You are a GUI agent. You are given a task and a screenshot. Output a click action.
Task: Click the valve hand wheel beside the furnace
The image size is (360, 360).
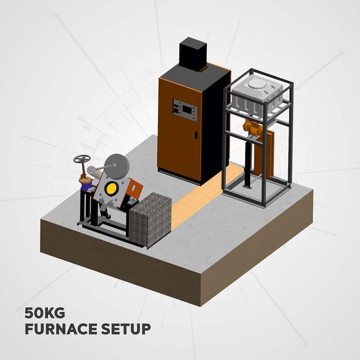(x=82, y=159)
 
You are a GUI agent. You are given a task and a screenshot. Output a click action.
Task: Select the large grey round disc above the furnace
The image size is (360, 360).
(x=118, y=165)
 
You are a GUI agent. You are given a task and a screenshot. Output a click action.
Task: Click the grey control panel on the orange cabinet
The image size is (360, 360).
(x=185, y=110)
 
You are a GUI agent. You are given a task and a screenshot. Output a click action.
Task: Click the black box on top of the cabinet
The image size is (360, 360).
(x=193, y=54)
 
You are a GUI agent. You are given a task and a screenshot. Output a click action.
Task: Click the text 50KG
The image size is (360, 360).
(x=44, y=312)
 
